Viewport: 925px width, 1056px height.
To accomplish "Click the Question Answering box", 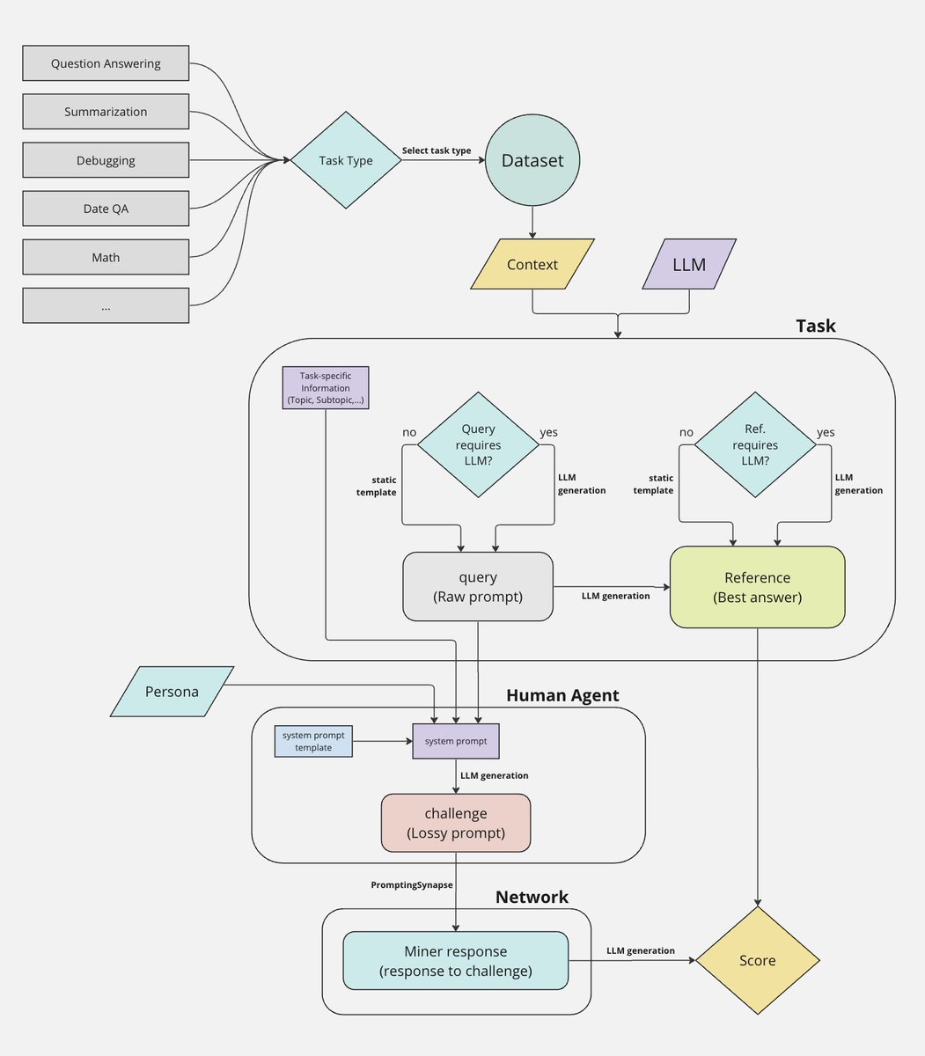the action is pos(106,63).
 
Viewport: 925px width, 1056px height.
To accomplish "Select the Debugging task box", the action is pos(106,160).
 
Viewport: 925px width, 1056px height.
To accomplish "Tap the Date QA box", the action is pos(106,209).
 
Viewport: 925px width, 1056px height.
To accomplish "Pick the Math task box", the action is pos(106,257).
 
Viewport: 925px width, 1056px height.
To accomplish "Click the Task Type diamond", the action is pos(346,160).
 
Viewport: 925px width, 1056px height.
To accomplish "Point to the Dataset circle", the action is pos(532,160).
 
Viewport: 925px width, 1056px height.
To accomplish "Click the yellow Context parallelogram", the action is pos(532,264).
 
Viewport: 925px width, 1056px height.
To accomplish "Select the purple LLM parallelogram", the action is pos(689,264).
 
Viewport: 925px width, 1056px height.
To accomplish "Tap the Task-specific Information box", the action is pos(326,387).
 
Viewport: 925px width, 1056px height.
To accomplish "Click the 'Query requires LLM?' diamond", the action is pos(478,444).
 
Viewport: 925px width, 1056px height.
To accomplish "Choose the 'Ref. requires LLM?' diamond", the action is pos(755,444).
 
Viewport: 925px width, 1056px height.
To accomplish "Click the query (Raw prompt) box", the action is pos(478,586).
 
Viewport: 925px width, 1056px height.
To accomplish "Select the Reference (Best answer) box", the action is pos(757,587).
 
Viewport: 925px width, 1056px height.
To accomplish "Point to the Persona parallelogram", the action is pos(172,692).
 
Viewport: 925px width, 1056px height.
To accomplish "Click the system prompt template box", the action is pos(313,741).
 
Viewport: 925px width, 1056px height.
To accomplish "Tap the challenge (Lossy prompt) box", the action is pos(456,823).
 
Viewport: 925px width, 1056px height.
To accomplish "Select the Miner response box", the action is pos(456,960).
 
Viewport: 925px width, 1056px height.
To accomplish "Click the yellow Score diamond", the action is pos(757,960).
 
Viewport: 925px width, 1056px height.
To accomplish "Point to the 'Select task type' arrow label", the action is pos(437,150).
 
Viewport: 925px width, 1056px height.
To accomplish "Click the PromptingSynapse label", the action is pos(411,884).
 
